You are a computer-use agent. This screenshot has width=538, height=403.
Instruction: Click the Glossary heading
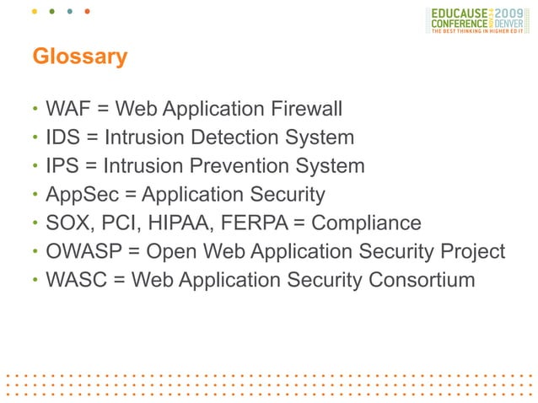coord(79,57)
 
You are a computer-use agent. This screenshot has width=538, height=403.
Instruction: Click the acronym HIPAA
coord(186,223)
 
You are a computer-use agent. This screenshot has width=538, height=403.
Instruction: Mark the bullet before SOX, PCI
coord(35,224)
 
